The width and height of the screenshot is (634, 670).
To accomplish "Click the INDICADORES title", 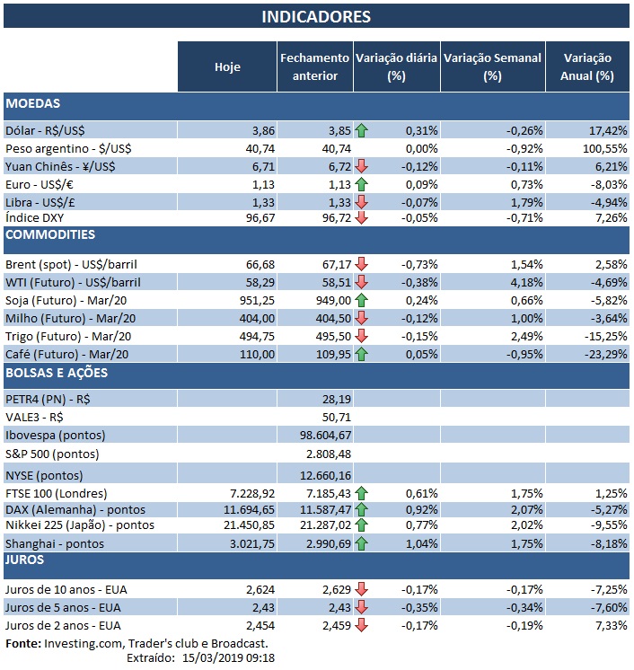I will (316, 17).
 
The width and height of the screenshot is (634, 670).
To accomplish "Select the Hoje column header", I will (227, 66).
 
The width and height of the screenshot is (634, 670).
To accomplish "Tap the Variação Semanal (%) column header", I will (492, 66).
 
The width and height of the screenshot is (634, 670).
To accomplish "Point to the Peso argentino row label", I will (73, 147).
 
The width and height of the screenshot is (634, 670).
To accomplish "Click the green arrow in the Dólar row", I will (362, 130).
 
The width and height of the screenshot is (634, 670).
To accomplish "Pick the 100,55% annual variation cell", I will (591, 147).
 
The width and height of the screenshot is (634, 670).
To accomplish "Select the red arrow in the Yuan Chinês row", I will (362, 165).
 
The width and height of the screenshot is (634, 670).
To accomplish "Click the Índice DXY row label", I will (35, 218).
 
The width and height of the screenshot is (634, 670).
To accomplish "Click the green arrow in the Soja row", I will (362, 299).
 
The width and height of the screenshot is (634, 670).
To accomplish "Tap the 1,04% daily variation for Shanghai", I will (421, 543).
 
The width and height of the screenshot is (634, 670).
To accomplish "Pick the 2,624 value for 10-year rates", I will (259, 589).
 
